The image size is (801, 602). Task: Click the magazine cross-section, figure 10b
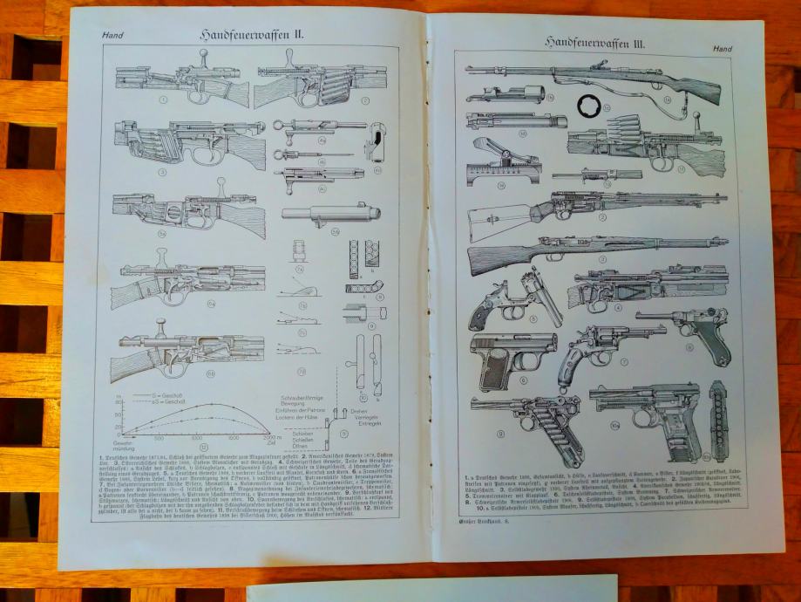[718, 420]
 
